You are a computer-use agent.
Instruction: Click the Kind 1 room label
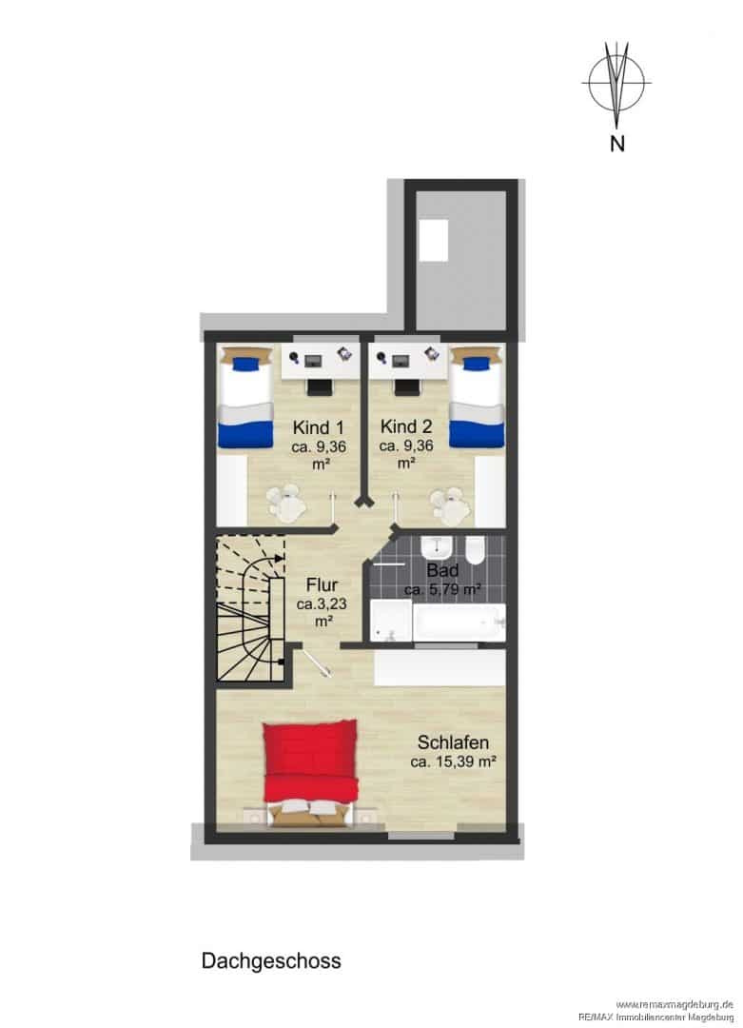click(319, 428)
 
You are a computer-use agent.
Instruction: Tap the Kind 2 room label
click(406, 426)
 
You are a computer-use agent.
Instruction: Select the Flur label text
click(322, 584)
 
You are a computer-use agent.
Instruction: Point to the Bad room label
click(442, 570)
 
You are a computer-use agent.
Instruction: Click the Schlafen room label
click(454, 742)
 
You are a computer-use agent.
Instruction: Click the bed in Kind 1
click(244, 397)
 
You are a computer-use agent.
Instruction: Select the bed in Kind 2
click(478, 397)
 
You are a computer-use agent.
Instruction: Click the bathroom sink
click(435, 549)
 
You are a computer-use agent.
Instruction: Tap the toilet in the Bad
click(475, 550)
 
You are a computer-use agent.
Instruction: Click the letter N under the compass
click(617, 143)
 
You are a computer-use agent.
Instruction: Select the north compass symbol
click(616, 84)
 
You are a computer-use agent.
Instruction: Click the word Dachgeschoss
click(271, 960)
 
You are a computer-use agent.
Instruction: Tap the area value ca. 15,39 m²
click(453, 761)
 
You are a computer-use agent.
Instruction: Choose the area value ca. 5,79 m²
click(442, 589)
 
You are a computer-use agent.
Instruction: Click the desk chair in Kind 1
click(321, 386)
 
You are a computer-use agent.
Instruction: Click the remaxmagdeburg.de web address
click(675, 1004)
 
